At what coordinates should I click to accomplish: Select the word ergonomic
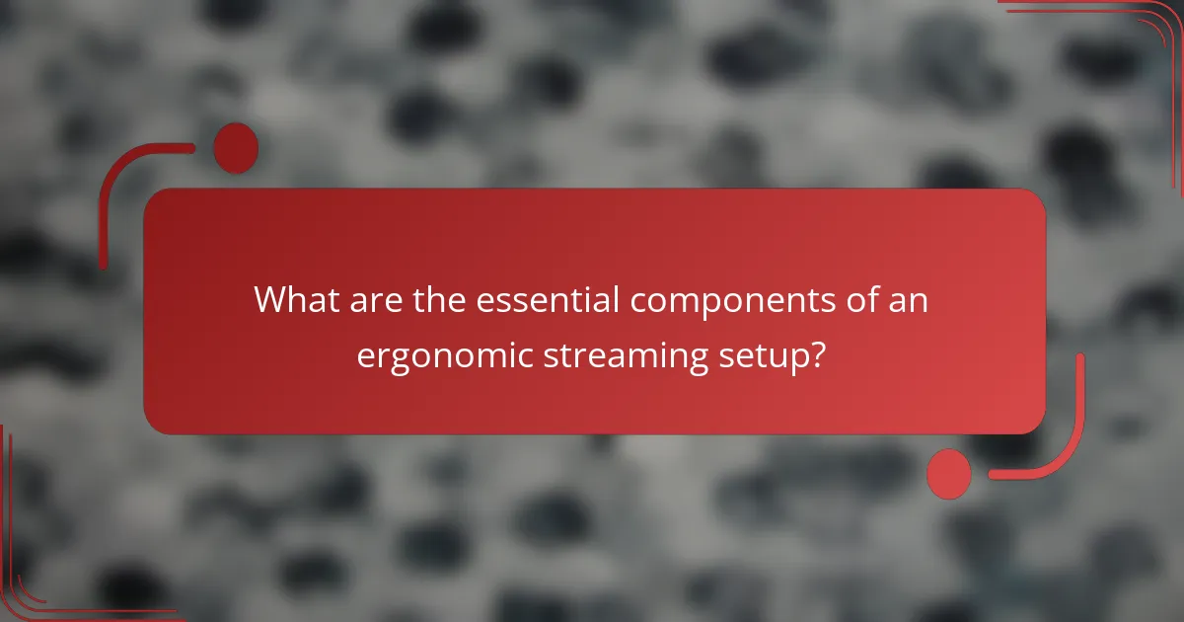445,355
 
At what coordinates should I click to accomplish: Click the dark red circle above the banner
236,148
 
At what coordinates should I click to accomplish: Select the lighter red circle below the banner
949,473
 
